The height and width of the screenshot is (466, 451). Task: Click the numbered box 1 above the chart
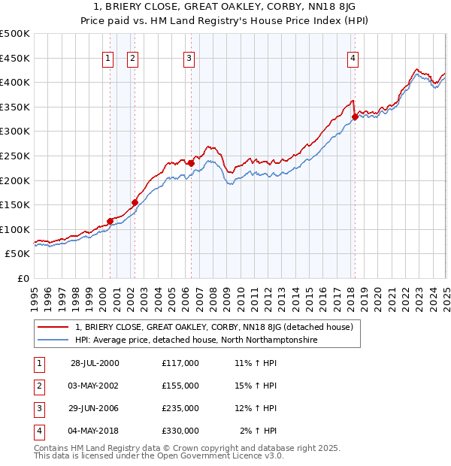(108, 58)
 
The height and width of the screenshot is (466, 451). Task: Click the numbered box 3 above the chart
(189, 58)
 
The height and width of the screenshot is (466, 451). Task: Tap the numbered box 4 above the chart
(353, 58)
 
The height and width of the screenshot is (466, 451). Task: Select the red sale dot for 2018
(355, 116)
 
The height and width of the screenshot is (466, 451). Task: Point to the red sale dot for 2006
(192, 163)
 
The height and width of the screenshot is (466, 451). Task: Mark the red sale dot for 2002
(135, 202)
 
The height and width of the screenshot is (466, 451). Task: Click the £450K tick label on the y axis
(15, 58)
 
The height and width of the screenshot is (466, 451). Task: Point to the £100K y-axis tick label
(15, 229)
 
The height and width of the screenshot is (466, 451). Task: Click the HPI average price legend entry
(196, 340)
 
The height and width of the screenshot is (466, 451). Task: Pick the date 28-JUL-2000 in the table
(95, 363)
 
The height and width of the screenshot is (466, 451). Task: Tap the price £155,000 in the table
(180, 386)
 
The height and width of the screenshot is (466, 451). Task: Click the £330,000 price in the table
(180, 431)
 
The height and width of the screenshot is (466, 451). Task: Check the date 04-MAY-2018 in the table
(95, 431)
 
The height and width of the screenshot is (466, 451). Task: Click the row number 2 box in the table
(38, 386)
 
